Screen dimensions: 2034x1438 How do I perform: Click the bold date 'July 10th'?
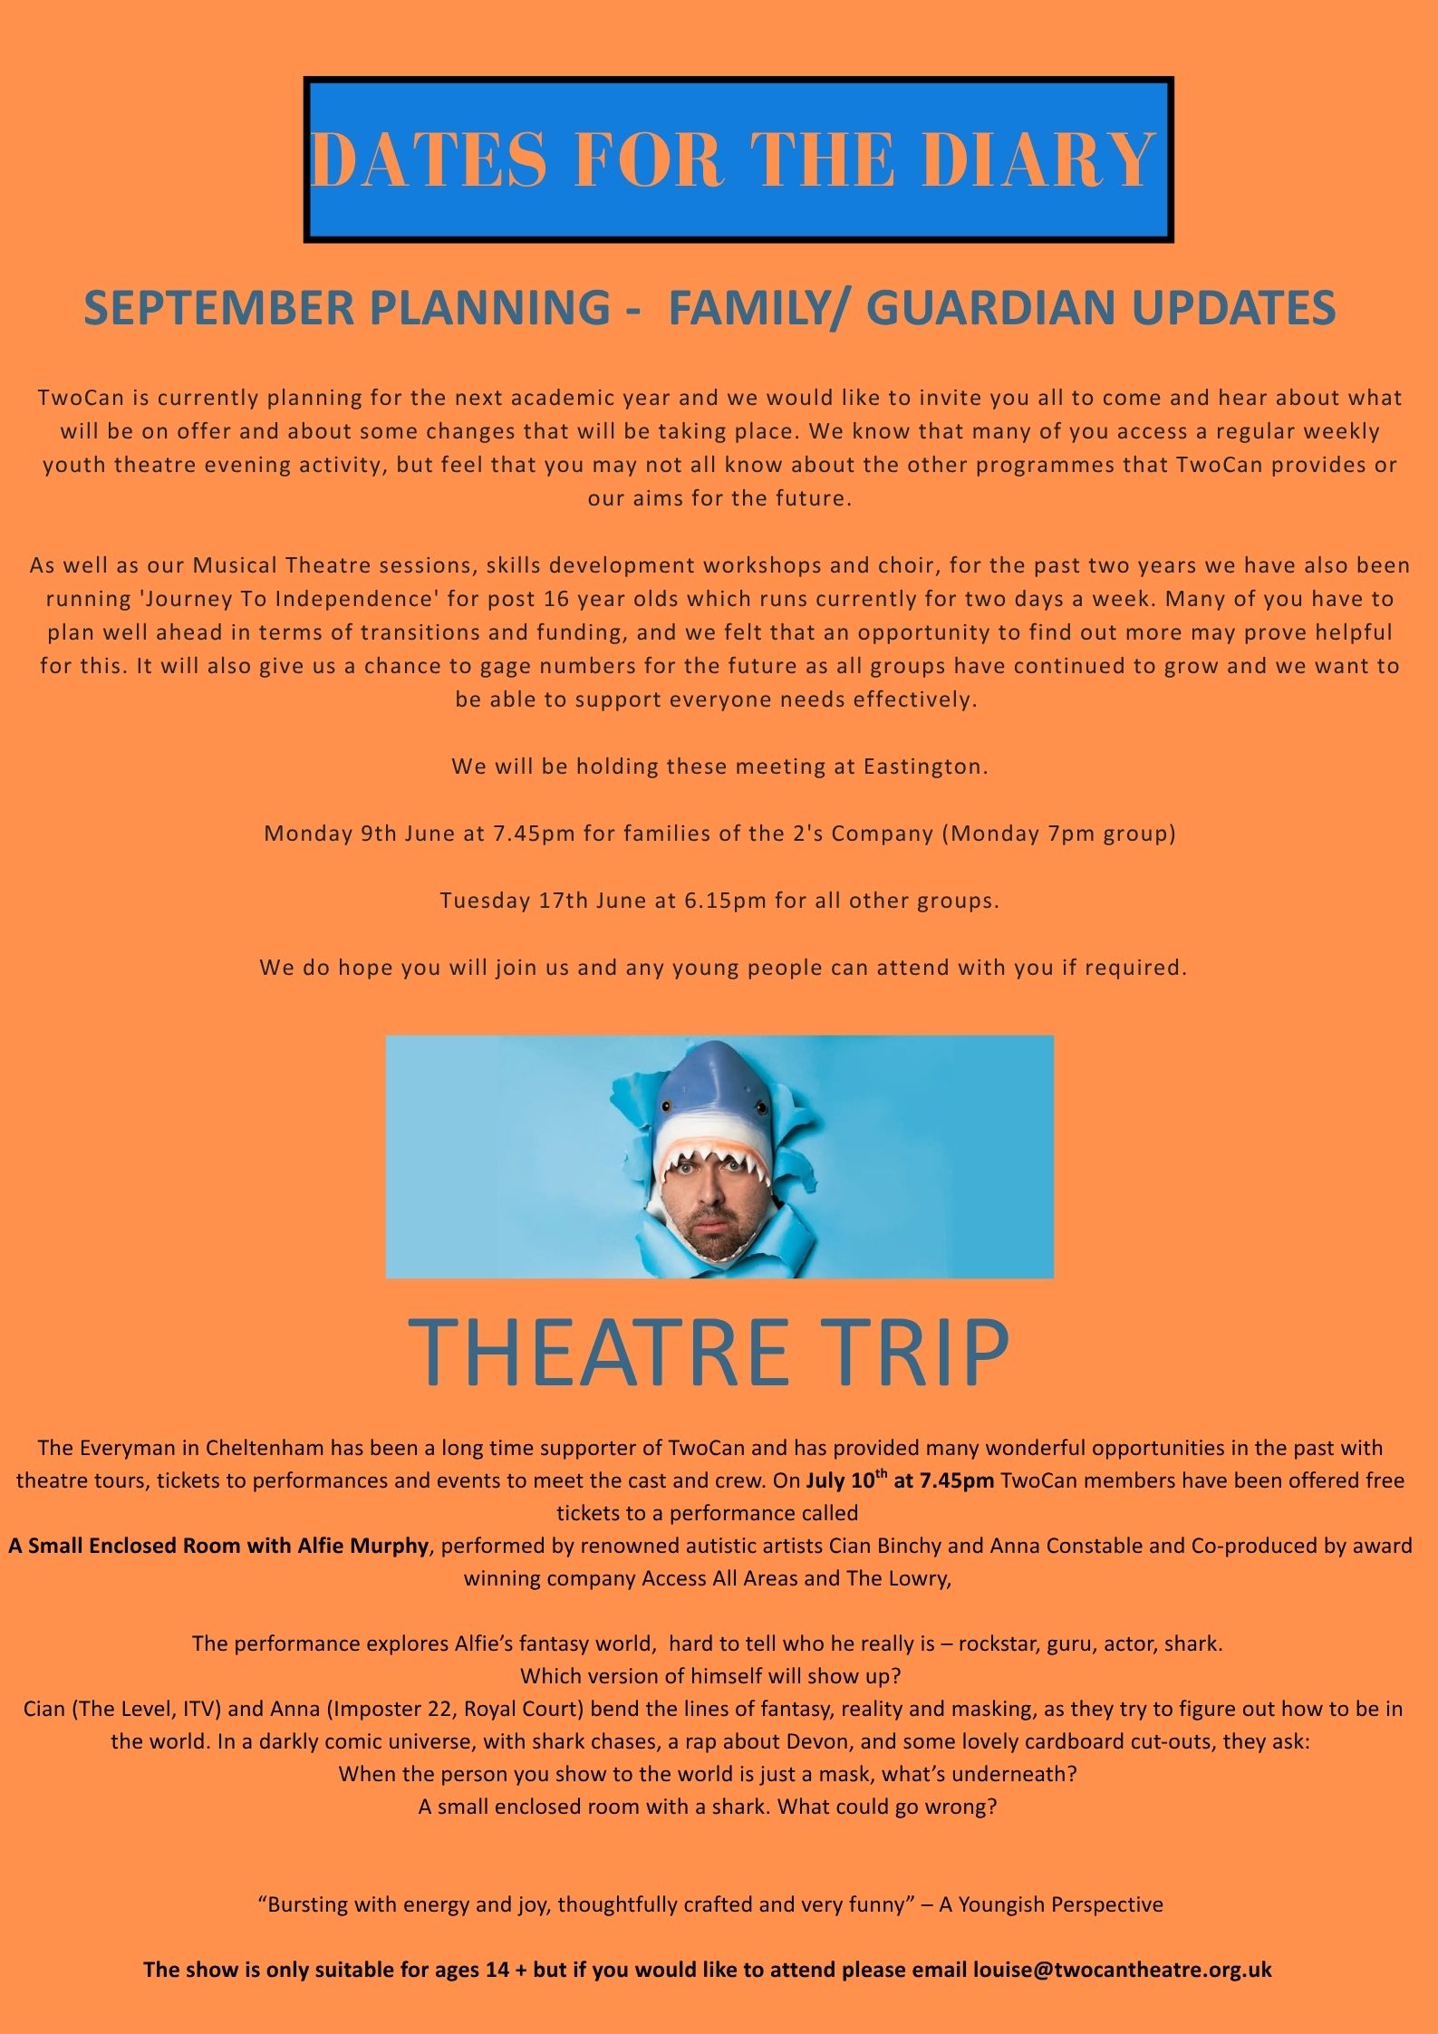(x=840, y=1480)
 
